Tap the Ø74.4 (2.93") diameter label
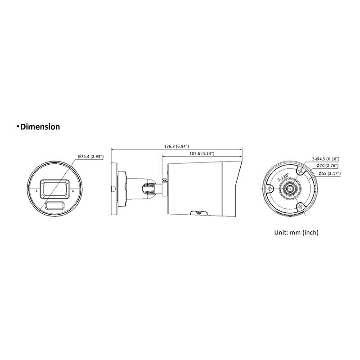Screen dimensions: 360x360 (x=91, y=157)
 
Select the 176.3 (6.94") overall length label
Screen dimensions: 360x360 (x=176, y=146)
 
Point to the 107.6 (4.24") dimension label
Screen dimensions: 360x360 (x=202, y=153)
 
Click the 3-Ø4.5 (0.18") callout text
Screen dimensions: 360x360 (x=325, y=159)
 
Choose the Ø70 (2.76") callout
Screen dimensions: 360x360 (x=327, y=166)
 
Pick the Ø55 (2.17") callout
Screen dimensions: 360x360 (x=329, y=173)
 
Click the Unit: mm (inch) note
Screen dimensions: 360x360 (x=297, y=232)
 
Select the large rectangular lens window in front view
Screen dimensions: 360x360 (x=54, y=189)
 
